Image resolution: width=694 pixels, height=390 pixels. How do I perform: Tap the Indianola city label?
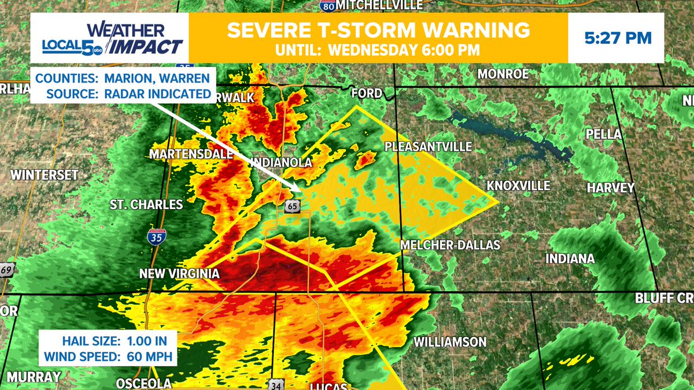click(x=282, y=163)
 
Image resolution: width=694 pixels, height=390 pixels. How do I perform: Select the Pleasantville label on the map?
click(x=429, y=147)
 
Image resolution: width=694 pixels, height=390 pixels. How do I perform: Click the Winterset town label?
click(x=44, y=175)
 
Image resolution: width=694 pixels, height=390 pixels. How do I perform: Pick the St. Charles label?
click(x=146, y=205)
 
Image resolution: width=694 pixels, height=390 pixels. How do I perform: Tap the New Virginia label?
click(x=179, y=274)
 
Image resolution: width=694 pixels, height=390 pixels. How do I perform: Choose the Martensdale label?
click(x=191, y=154)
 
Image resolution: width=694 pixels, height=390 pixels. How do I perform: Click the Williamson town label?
click(x=450, y=342)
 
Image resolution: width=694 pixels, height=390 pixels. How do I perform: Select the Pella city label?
click(x=603, y=134)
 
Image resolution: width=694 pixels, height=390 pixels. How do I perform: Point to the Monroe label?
click(x=503, y=74)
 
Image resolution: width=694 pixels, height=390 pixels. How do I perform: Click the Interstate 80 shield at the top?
click(x=327, y=6)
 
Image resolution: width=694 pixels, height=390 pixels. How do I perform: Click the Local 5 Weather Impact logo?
click(x=113, y=38)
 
